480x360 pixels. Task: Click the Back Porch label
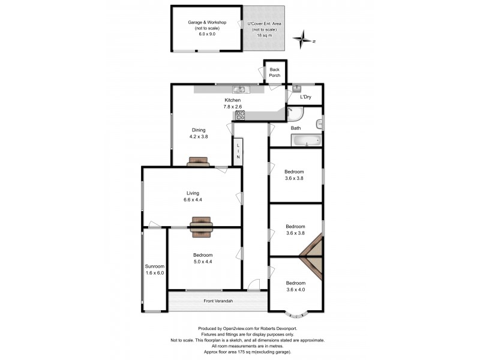[x=274, y=72]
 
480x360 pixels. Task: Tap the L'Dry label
[x=305, y=96]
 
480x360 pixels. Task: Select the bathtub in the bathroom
[x=306, y=140]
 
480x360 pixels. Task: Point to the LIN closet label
[x=238, y=151]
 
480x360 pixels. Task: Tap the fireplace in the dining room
[x=197, y=161]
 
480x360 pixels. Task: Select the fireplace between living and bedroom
[x=201, y=224]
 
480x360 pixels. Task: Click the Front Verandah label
[x=217, y=301]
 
